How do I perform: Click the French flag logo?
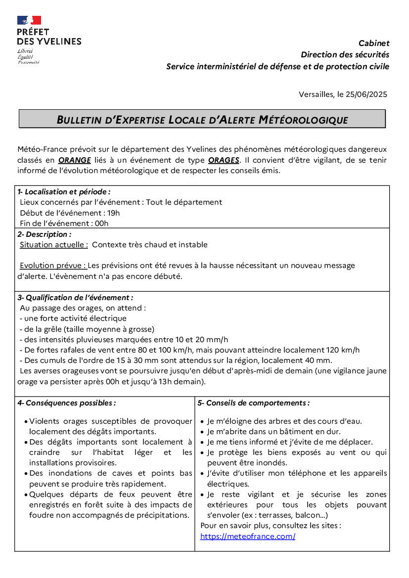tap(29, 20)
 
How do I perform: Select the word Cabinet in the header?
tap(374, 44)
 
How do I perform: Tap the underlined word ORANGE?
tap(75, 160)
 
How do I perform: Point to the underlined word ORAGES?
tap(224, 160)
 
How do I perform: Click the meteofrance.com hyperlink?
tap(248, 536)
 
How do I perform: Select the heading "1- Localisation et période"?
tap(64, 192)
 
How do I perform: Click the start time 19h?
tap(114, 213)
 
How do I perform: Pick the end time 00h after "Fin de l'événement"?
tap(102, 223)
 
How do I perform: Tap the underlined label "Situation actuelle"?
tap(54, 245)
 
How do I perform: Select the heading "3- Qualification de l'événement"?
tap(75, 298)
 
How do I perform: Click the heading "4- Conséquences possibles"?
tap(67, 403)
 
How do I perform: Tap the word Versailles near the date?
tap(317, 94)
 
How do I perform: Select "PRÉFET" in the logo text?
tap(33, 32)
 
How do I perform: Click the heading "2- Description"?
tap(45, 234)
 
